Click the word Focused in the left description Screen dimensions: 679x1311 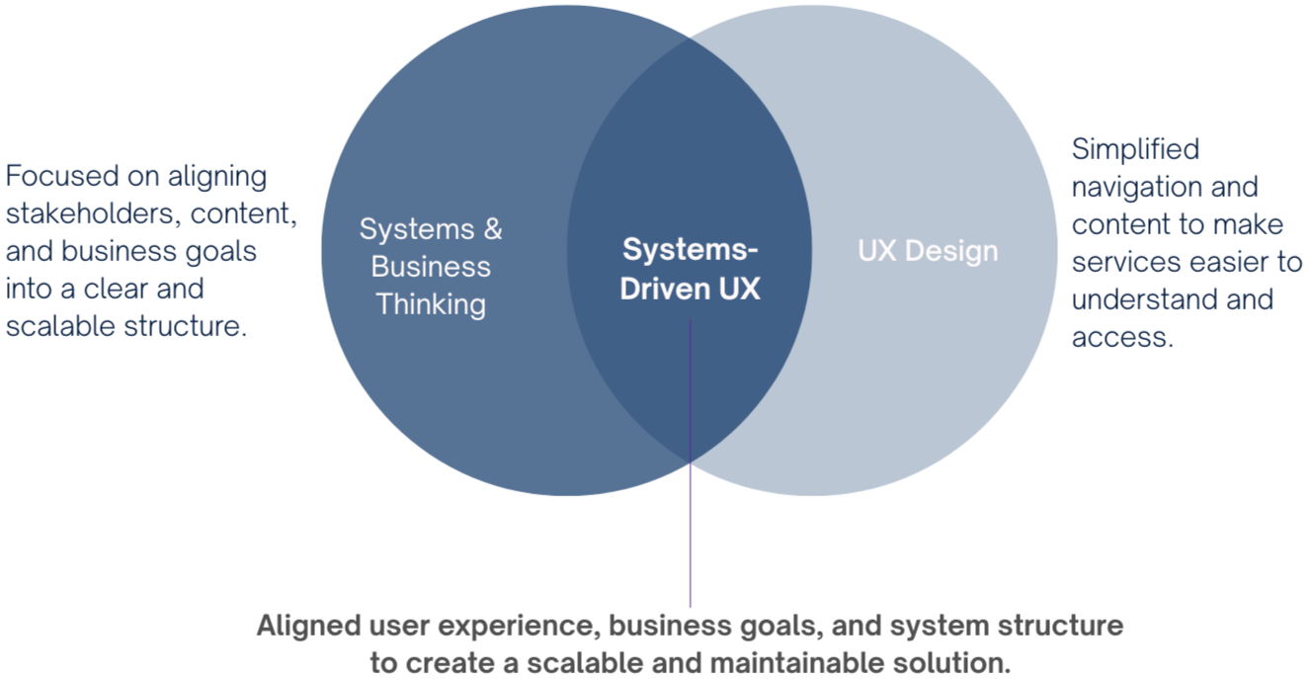(62, 177)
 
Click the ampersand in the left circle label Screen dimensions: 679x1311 (491, 229)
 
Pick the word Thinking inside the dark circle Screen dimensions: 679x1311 (431, 303)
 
